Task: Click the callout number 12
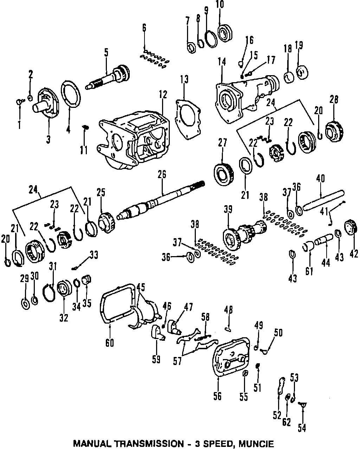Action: tap(162, 94)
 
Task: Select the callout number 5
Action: tap(106, 53)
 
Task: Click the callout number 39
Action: tap(228, 210)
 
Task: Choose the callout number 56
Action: tap(217, 396)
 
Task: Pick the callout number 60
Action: tap(110, 342)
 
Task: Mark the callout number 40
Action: tap(321, 178)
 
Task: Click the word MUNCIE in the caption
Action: tap(255, 443)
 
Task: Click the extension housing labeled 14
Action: tap(246, 95)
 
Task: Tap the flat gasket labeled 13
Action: tap(187, 116)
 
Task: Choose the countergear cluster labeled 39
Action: tap(246, 232)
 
